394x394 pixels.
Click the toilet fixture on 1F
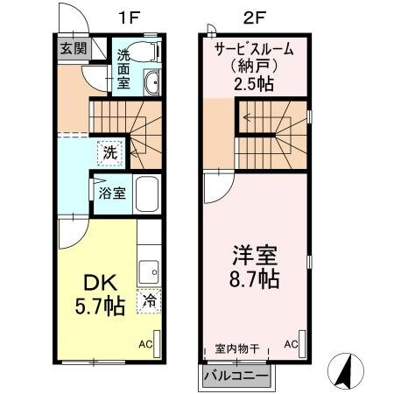(150, 53)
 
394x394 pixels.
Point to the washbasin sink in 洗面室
(150, 84)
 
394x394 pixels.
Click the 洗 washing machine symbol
(108, 151)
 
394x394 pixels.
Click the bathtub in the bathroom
(146, 193)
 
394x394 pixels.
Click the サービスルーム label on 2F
(254, 49)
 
